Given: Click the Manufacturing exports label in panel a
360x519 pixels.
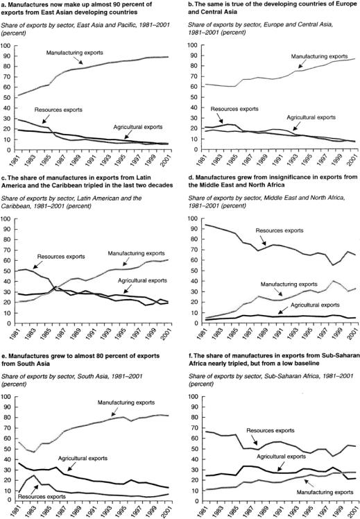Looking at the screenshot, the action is (x=74, y=53).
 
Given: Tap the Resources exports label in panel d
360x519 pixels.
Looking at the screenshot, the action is (x=280, y=230).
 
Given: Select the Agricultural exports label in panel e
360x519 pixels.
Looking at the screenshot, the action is (x=83, y=459).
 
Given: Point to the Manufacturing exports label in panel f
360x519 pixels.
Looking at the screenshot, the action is (x=325, y=492).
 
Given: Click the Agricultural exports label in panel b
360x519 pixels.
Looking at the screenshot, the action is (x=311, y=117).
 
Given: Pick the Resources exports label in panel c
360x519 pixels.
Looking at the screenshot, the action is (x=61, y=257).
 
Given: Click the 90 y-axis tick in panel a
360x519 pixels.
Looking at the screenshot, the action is (x=7, y=56).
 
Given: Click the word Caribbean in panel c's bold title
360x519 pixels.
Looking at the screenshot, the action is (x=89, y=185).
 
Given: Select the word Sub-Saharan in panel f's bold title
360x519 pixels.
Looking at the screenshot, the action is (x=343, y=356).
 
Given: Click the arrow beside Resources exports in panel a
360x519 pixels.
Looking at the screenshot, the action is (x=46, y=118).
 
